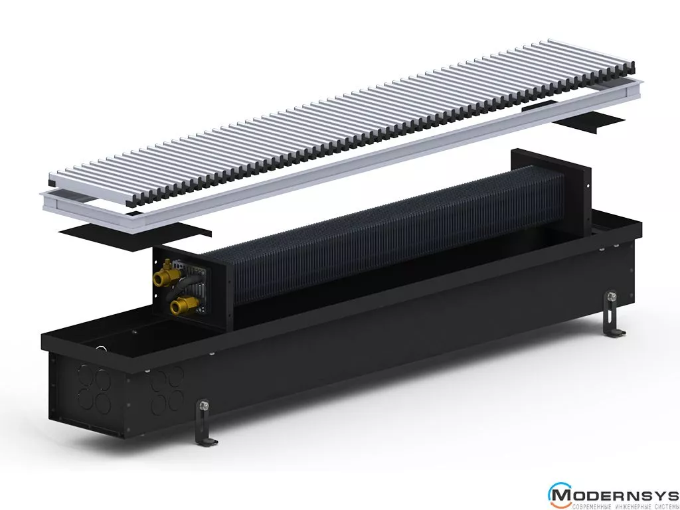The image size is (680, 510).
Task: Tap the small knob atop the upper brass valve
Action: click(167, 263)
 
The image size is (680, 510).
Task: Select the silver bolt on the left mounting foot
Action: click(203, 406)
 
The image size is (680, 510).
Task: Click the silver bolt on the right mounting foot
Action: click(612, 297)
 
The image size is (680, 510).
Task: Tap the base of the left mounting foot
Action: click(207, 442)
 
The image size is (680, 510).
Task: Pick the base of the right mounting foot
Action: click(615, 333)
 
